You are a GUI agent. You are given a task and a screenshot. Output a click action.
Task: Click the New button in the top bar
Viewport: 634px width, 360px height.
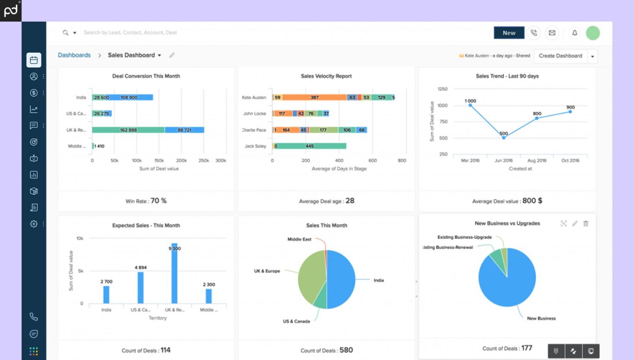point(509,33)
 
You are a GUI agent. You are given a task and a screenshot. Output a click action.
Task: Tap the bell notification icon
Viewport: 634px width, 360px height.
point(574,33)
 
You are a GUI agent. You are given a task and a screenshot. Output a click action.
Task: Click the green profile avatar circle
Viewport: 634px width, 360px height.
point(593,33)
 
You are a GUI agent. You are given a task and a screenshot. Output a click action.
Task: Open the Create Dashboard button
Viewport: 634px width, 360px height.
point(560,56)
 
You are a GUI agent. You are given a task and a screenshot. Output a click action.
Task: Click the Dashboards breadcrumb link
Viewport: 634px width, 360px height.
point(74,55)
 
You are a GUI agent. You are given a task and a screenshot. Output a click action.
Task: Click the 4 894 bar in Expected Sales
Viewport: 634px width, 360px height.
point(140,288)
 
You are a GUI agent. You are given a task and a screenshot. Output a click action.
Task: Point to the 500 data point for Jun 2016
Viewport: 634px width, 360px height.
point(504,138)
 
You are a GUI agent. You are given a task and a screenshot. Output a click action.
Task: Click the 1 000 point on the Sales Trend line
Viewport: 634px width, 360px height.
point(470,105)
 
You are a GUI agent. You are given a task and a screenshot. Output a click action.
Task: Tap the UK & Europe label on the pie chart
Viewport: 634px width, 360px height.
point(267,271)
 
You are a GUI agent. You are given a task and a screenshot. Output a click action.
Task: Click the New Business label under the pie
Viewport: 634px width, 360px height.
point(541,318)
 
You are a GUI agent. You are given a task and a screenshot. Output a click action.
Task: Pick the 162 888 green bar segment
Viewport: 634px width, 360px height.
point(128,130)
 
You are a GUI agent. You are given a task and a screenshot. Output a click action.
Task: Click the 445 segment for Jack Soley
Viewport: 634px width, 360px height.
point(309,146)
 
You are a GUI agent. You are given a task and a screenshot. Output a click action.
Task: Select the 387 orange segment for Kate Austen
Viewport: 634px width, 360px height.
point(315,98)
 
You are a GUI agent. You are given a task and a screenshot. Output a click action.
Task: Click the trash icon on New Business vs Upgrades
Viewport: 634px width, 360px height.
point(585,223)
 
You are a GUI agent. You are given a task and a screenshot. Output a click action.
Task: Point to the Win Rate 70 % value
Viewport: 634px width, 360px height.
point(158,201)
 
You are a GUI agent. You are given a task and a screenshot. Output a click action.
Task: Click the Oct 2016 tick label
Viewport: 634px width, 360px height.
point(570,160)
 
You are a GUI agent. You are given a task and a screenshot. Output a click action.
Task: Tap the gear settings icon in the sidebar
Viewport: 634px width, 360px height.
point(34,223)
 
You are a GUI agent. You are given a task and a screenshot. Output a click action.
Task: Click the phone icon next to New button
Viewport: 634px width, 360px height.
point(534,33)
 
